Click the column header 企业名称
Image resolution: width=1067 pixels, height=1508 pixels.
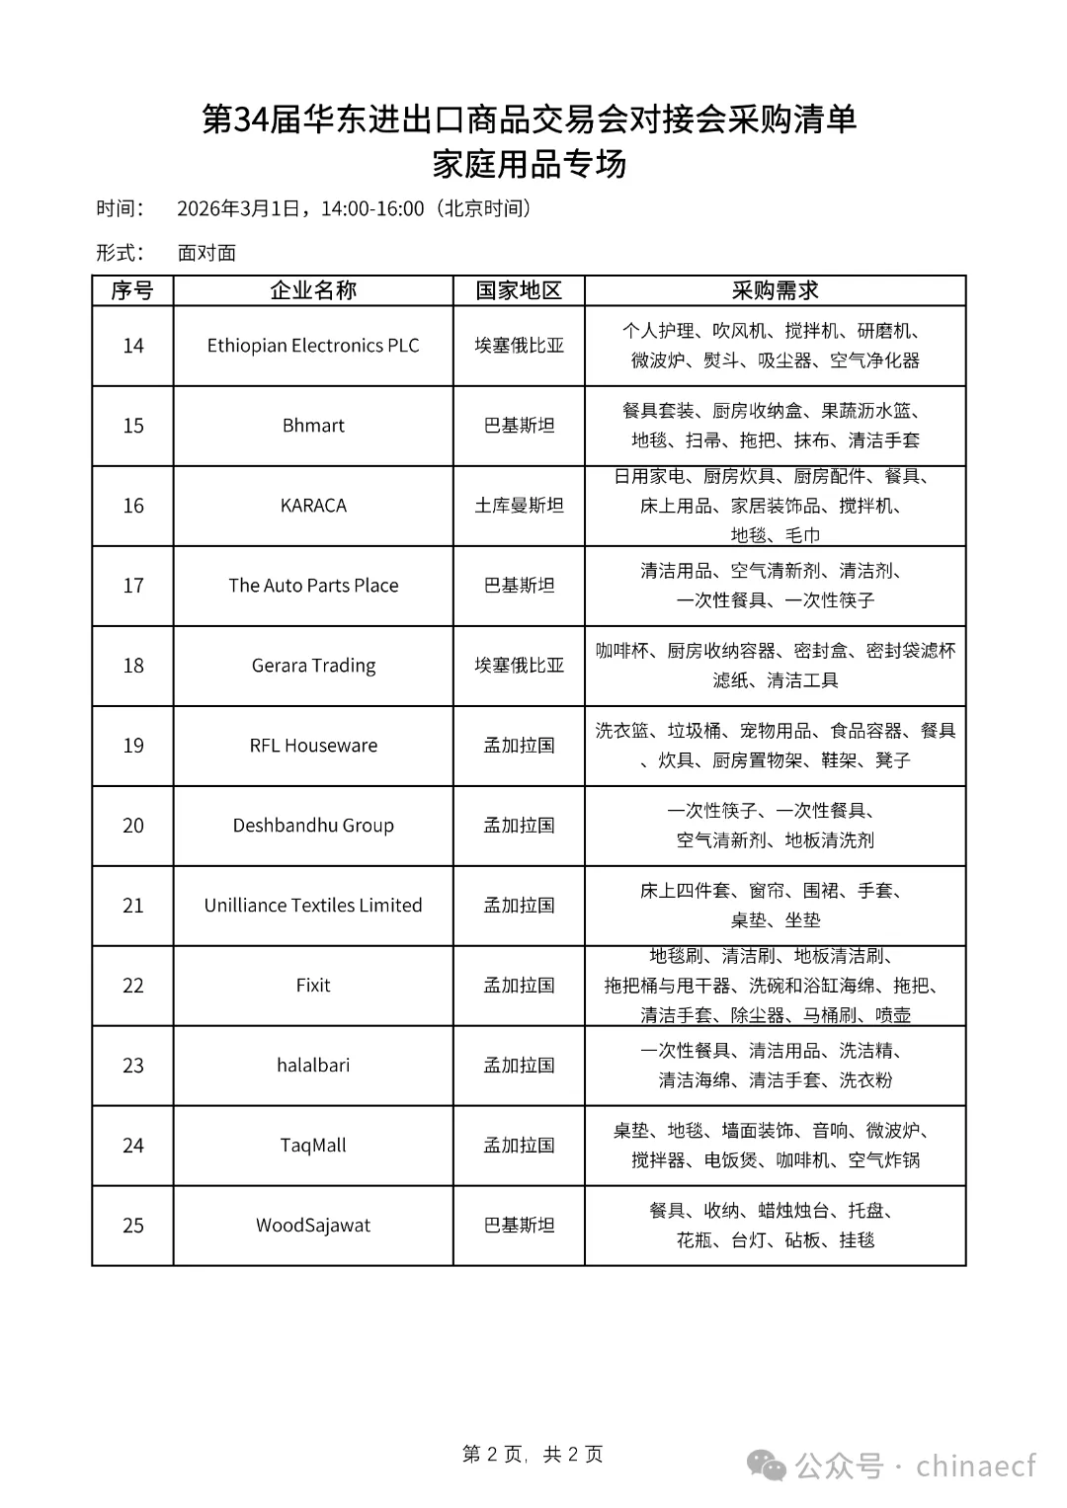[313, 290]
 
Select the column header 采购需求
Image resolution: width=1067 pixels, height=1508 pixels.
[775, 290]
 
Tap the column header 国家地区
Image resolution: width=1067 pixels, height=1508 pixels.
[519, 290]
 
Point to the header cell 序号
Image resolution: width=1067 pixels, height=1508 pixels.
[132, 290]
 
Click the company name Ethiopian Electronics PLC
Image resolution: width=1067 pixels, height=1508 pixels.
[313, 346]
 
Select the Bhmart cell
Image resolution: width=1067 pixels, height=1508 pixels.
[313, 426]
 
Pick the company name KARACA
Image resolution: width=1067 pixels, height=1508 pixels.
[313, 506]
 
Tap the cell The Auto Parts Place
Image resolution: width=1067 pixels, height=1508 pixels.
[313, 586]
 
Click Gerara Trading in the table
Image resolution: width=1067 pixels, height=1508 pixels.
[313, 666]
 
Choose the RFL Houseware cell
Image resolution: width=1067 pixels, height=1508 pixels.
[313, 746]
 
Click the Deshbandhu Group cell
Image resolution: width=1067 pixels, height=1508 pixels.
[313, 826]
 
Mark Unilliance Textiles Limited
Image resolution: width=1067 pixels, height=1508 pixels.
[313, 906]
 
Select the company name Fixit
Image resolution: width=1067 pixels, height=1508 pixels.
[313, 986]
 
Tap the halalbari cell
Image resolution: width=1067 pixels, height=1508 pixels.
[313, 1066]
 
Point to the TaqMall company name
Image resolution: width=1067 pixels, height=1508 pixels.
[313, 1146]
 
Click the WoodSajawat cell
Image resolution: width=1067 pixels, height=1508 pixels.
[313, 1226]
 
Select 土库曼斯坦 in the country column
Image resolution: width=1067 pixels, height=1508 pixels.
[519, 506]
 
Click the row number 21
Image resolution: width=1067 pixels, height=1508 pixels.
[132, 906]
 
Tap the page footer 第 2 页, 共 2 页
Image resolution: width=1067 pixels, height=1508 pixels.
[533, 1454]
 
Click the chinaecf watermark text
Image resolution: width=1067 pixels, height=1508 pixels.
[976, 1466]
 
